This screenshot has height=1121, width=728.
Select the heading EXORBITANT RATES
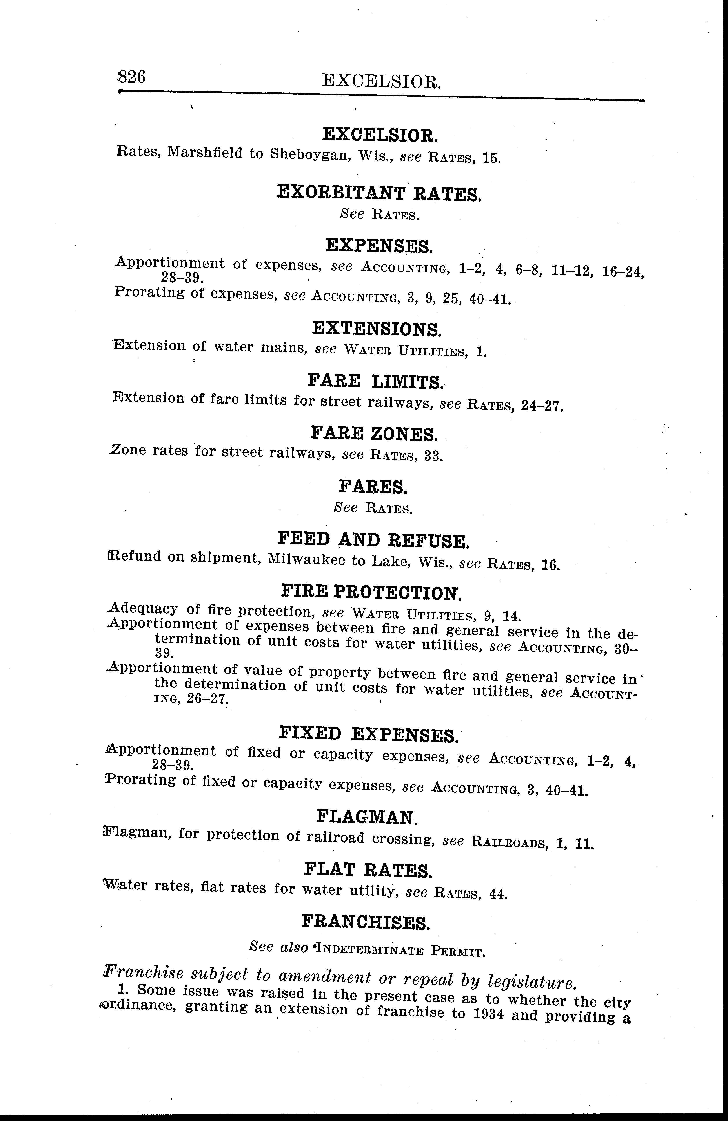379,193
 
